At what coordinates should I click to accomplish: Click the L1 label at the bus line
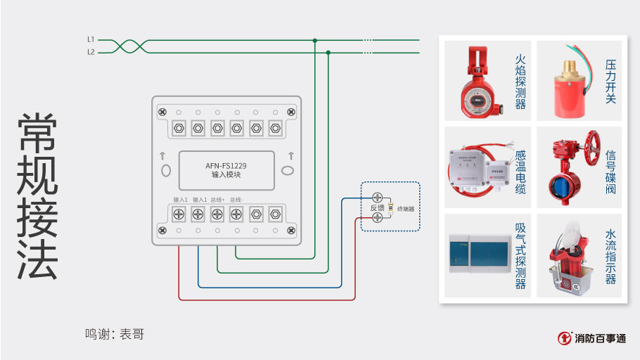91,39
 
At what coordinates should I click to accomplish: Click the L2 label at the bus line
91,52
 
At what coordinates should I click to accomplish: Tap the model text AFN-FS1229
226,166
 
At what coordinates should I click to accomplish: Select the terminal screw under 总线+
217,213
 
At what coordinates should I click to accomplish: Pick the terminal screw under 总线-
236,213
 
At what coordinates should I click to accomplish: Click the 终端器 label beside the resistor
406,209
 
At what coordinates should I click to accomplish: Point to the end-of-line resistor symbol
390,209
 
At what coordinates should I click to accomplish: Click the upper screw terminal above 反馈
378,198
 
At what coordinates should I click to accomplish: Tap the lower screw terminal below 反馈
378,218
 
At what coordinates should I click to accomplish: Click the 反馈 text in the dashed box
378,208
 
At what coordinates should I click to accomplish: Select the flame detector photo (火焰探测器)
476,81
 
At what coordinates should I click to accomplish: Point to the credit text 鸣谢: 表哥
115,334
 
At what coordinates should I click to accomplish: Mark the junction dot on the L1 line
315,40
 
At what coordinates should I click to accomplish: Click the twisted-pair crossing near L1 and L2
130,46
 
